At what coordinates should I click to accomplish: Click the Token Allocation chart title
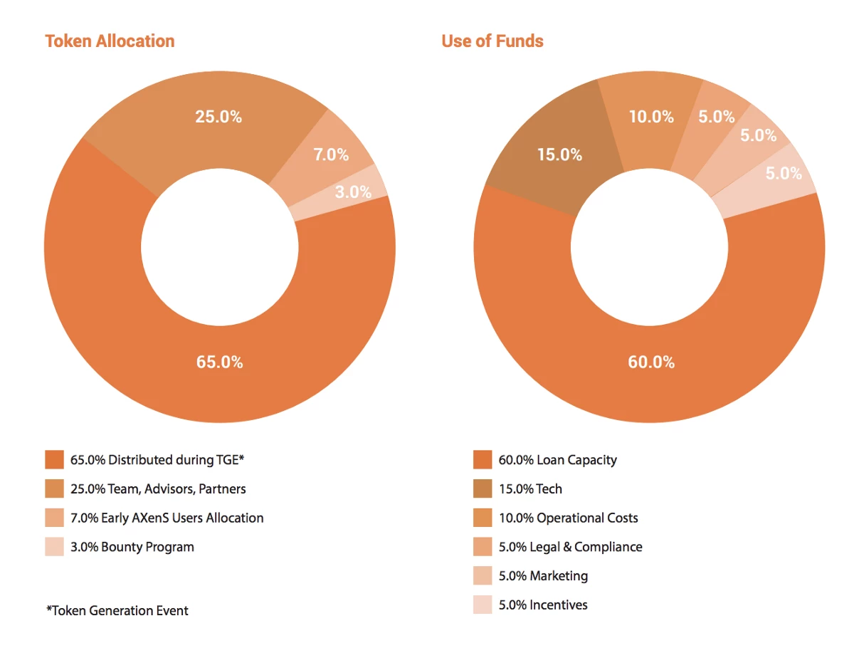point(110,41)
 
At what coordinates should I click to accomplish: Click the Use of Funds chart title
point(492,41)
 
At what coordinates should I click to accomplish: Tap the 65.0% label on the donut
point(219,362)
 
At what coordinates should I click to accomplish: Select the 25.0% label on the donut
point(218,117)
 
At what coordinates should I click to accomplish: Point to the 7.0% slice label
point(331,154)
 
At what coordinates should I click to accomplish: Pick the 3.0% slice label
point(353,192)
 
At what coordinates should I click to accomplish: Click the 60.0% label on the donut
point(650,362)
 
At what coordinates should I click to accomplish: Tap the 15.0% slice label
point(559,155)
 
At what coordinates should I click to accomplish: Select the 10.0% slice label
point(650,117)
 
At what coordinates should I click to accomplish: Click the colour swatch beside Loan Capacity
point(483,460)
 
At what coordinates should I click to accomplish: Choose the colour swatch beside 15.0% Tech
point(483,489)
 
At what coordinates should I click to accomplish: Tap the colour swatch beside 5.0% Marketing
point(483,576)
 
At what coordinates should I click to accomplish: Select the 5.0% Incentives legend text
point(543,605)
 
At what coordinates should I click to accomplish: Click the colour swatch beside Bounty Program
point(54,547)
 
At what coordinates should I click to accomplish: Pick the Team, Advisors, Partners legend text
point(158,489)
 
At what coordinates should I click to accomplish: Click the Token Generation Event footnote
point(117,610)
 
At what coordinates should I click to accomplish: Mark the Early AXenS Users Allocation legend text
point(167,518)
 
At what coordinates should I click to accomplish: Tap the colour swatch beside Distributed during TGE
point(54,460)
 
